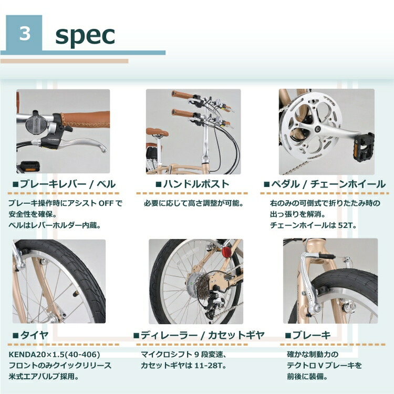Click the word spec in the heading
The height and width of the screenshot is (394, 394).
[x=85, y=35]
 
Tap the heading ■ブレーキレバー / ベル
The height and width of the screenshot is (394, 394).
[x=64, y=184]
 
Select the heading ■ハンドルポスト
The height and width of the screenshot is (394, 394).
[x=192, y=184]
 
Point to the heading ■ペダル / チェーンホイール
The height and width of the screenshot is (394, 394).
[x=324, y=184]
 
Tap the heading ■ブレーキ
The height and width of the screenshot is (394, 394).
[x=308, y=335]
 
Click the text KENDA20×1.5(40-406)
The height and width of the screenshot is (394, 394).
[x=54, y=355]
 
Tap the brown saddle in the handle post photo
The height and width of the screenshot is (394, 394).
[x=157, y=132]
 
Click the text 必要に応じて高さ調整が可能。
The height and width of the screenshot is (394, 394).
[x=193, y=202]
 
